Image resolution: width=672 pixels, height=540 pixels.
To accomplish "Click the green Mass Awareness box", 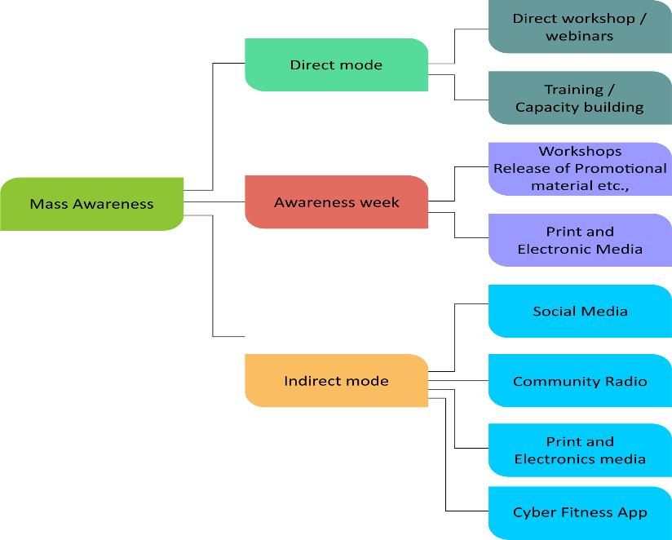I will tap(91, 204).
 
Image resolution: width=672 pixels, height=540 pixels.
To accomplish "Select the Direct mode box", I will tap(336, 64).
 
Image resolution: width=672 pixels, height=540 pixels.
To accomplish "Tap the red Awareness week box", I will tap(336, 202).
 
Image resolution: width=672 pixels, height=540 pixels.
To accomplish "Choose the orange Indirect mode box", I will tap(336, 381).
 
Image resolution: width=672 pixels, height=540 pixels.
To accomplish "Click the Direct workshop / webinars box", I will tap(580, 27).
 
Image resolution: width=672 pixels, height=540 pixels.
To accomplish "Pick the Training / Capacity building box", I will tap(580, 98).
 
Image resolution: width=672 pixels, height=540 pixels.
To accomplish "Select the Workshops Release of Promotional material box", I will tap(580, 169).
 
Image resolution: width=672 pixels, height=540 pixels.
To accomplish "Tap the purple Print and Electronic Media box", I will tap(580, 240).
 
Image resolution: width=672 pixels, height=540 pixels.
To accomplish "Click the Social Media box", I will tap(580, 311).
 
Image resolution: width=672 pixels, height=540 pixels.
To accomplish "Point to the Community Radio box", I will tap(580, 381).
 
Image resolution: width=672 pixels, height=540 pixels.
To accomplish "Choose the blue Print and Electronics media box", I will tap(580, 450).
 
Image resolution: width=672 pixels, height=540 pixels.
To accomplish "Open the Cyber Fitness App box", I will tap(580, 512).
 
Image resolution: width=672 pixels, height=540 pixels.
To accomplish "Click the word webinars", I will tap(580, 36).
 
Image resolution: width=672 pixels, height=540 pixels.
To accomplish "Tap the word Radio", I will tap(626, 381).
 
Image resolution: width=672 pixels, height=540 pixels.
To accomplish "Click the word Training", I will tap(573, 90).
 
